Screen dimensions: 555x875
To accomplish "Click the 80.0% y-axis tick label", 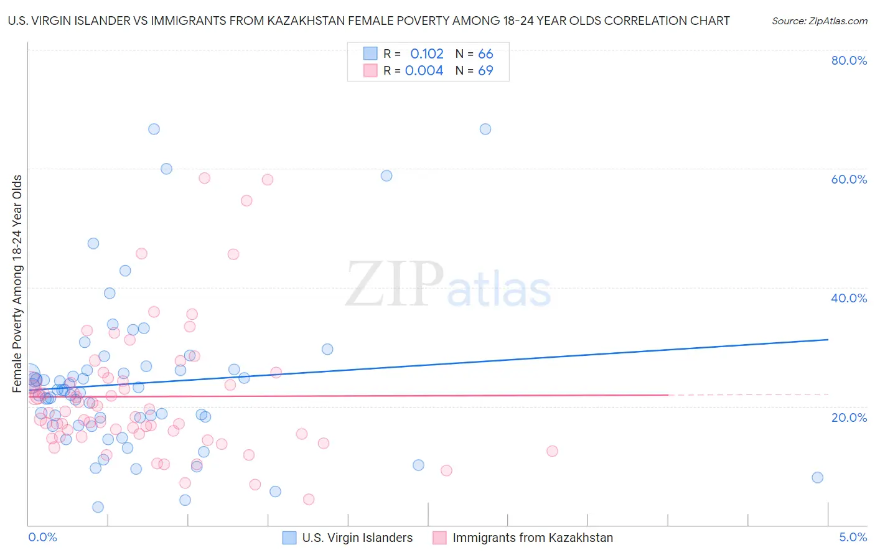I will [x=848, y=60].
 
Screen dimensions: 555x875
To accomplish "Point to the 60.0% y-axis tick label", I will [x=848, y=179].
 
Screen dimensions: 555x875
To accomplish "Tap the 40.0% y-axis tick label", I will [x=848, y=298].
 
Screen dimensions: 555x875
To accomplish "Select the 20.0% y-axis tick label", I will [x=848, y=417].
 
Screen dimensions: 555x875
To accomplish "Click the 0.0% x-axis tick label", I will [x=42, y=537].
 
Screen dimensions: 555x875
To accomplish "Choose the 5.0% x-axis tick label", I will [x=853, y=537].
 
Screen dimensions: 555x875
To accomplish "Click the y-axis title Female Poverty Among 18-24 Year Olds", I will [x=17, y=284].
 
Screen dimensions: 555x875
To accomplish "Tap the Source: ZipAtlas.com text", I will [x=819, y=21].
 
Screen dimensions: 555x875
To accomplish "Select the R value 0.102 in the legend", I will [x=427, y=54].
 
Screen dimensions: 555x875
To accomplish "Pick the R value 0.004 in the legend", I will [x=424, y=70].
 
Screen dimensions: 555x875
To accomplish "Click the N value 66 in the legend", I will [x=485, y=54].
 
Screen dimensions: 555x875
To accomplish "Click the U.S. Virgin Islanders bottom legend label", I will [x=357, y=538].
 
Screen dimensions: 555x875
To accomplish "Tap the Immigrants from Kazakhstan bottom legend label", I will [x=532, y=538].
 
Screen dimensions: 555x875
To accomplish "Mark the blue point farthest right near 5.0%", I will [x=817, y=477].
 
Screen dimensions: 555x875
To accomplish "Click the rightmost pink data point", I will [x=552, y=451].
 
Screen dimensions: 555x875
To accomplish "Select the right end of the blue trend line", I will [x=828, y=340].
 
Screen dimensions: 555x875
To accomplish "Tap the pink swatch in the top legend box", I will [x=370, y=70].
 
